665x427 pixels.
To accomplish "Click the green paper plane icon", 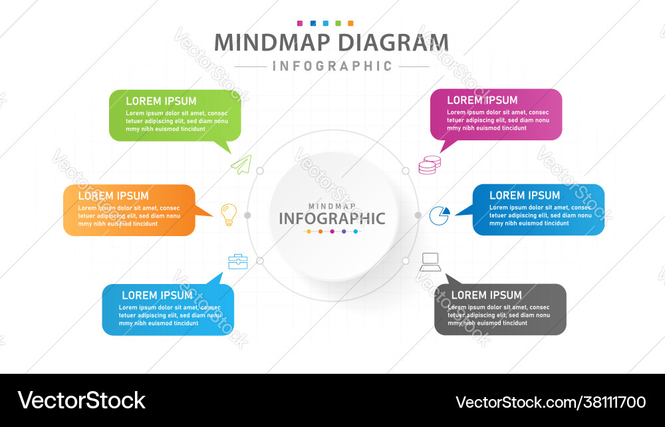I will [x=241, y=164].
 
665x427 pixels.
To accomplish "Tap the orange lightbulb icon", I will [x=228, y=214].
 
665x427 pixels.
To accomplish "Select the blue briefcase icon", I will [x=237, y=262].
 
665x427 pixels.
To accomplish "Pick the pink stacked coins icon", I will [x=429, y=165].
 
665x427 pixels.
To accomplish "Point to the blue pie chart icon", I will [x=439, y=215].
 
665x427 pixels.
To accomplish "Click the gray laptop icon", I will [x=430, y=262].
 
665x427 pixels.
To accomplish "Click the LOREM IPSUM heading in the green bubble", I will [x=161, y=101].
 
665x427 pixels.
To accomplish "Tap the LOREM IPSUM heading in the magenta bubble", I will [x=482, y=100].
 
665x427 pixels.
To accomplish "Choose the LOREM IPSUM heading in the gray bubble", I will [x=487, y=295].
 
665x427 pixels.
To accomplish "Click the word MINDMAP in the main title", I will [x=272, y=43].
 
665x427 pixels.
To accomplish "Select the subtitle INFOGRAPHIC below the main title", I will [x=332, y=66].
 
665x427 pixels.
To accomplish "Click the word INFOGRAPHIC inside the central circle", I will [x=332, y=218].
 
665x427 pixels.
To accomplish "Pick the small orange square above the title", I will [x=350, y=23].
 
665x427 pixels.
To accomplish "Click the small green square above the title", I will [x=338, y=23].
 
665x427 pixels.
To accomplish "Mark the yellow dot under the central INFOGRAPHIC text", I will [x=309, y=231].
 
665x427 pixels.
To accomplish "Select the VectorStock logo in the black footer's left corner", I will [x=82, y=400].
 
